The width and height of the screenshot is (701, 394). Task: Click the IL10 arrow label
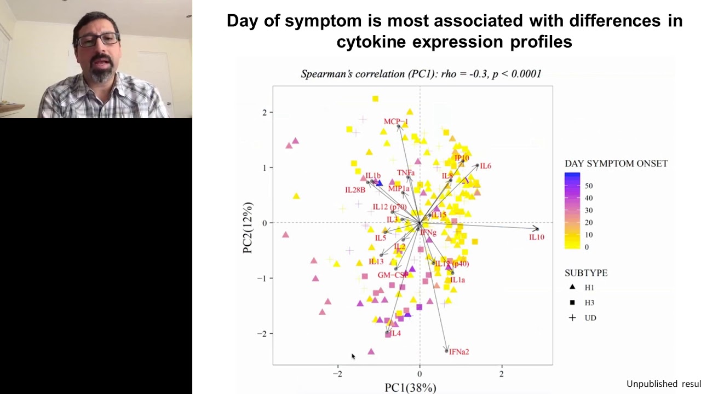click(537, 237)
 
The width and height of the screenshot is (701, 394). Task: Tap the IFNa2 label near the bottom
click(459, 352)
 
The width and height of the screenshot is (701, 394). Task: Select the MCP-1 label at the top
click(395, 121)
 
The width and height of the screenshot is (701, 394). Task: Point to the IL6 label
click(485, 166)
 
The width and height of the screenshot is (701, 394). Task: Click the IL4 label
click(395, 333)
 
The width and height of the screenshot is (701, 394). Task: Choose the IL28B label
click(355, 190)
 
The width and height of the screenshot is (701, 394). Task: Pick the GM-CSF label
click(393, 275)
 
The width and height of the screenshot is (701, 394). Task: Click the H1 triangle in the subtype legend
click(572, 287)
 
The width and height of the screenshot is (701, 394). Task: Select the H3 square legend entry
click(572, 302)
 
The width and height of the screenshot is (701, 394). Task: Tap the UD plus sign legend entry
click(572, 317)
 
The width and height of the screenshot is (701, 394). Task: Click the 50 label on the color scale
click(589, 186)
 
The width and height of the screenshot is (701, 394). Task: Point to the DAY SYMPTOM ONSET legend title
click(616, 164)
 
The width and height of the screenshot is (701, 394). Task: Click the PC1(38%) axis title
click(410, 387)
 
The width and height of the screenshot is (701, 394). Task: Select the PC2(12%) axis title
click(248, 228)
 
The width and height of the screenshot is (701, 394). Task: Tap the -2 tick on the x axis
click(338, 374)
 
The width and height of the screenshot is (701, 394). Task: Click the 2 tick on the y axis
click(263, 112)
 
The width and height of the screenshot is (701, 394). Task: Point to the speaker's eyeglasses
click(99, 40)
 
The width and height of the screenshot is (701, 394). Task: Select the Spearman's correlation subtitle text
click(421, 74)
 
